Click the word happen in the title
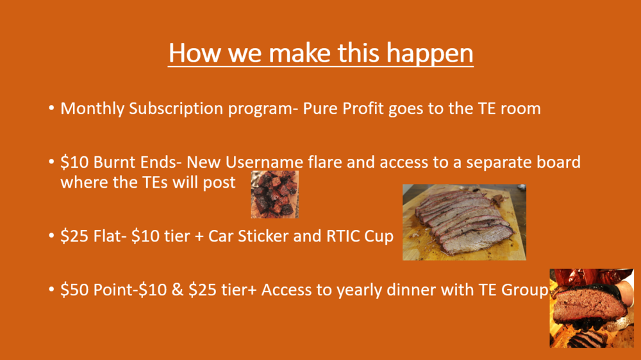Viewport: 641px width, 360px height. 429,53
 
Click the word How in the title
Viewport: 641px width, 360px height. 194,53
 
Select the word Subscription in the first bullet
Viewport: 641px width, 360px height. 176,109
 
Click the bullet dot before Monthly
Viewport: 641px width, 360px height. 51,108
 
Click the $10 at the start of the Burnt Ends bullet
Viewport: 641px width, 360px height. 74,162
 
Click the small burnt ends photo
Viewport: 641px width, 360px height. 275,194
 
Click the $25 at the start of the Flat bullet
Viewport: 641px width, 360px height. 74,236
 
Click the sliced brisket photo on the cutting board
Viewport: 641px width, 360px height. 464,222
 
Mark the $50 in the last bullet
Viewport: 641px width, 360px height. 74,290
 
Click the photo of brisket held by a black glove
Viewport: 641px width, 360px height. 592,308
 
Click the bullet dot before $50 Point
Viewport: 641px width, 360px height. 51,290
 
